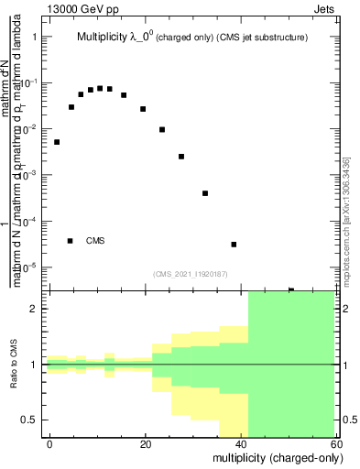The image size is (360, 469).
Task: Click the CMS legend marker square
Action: [70, 241]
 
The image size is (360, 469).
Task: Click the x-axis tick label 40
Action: [242, 443]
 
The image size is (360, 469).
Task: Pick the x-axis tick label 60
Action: [335, 443]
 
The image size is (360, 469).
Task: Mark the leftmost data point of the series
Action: [57, 142]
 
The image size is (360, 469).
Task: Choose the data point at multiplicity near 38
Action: [234, 245]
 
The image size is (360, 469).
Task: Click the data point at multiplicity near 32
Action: [205, 193]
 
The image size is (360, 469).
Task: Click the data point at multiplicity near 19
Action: [143, 109]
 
